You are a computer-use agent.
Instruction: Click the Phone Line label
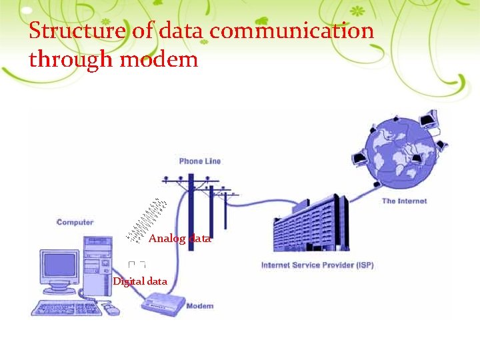[x=199, y=161]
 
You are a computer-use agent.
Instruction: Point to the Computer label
[x=75, y=222]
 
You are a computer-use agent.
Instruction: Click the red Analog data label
[x=179, y=238]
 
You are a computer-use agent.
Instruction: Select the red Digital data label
[x=140, y=281]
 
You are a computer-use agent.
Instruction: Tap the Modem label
[x=199, y=306]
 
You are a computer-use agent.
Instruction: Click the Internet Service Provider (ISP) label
[x=317, y=265]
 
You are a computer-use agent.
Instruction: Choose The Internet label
[x=404, y=201]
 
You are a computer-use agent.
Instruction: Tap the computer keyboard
[x=66, y=308]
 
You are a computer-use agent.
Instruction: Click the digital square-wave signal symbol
[x=137, y=265]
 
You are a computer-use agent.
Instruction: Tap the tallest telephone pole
[x=191, y=200]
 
